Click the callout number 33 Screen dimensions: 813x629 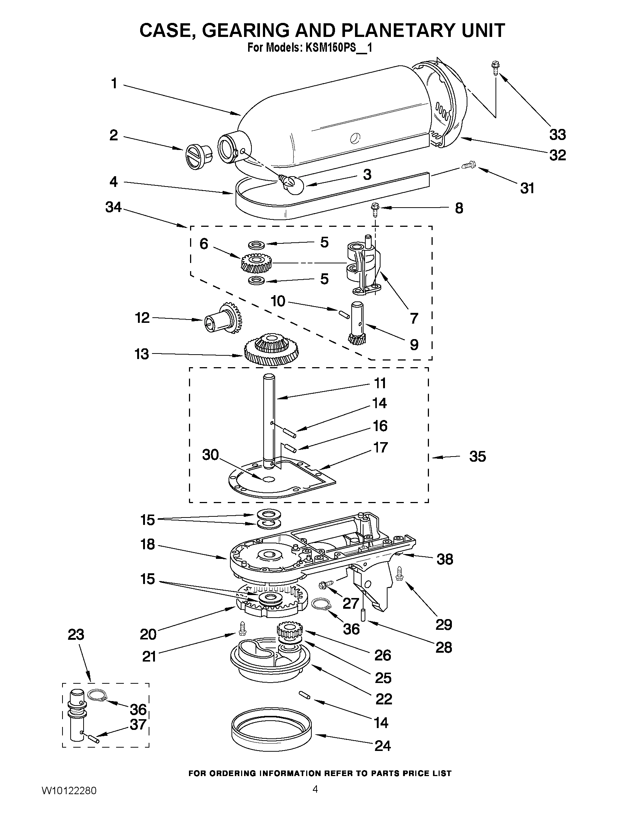(558, 134)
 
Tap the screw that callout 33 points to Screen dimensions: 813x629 (495, 68)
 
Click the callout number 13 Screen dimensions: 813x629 (142, 354)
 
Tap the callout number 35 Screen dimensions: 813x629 (477, 457)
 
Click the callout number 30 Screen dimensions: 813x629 (210, 455)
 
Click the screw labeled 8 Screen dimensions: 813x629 (375, 208)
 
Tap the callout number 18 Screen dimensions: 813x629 (148, 544)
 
